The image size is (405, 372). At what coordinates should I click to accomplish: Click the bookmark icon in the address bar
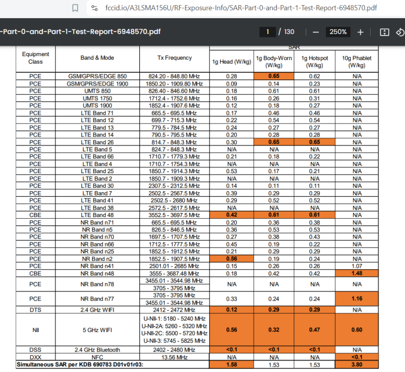pyautogui.click(x=75, y=8)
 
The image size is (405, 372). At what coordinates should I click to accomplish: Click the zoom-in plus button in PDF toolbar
pyautogui.click(x=360, y=32)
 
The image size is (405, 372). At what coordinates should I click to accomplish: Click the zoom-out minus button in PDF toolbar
pyautogui.click(x=315, y=32)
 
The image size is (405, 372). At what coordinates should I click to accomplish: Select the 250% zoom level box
pyautogui.click(x=338, y=32)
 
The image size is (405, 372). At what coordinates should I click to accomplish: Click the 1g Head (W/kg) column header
pyautogui.click(x=231, y=62)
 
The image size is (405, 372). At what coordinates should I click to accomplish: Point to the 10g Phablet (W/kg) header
pyautogui.click(x=356, y=62)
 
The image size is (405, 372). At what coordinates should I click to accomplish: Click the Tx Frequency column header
pyautogui.click(x=175, y=58)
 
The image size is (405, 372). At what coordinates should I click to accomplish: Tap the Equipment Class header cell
pyautogui.click(x=35, y=58)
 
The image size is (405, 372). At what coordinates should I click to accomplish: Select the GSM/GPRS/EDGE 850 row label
pyautogui.click(x=97, y=76)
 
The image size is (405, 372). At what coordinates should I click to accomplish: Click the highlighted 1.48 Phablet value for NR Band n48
pyautogui.click(x=356, y=274)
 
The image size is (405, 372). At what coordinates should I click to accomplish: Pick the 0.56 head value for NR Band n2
pyautogui.click(x=231, y=259)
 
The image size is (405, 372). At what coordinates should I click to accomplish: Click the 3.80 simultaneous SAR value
pyautogui.click(x=356, y=364)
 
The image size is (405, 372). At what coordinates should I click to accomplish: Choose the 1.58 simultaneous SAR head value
pyautogui.click(x=231, y=364)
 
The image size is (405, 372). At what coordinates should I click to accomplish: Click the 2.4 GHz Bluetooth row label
pyautogui.click(x=97, y=350)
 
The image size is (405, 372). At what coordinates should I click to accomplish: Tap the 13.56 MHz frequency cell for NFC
pyautogui.click(x=175, y=357)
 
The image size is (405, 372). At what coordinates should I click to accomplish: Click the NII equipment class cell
pyautogui.click(x=35, y=329)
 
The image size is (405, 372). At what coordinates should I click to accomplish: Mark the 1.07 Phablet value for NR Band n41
pyautogui.click(x=356, y=266)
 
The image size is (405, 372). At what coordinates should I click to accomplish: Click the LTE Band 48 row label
pyautogui.click(x=97, y=215)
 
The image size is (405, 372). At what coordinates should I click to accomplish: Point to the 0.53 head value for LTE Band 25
pyautogui.click(x=231, y=171)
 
